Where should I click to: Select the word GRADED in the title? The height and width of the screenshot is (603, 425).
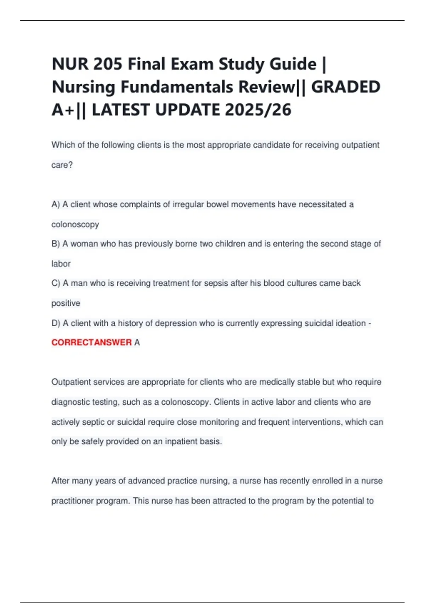(346, 87)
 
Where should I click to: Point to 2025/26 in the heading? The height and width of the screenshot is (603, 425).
(258, 110)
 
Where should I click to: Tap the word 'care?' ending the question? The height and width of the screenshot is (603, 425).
(62, 165)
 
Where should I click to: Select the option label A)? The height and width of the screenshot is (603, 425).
(56, 205)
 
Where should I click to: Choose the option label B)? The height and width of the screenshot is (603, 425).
(56, 244)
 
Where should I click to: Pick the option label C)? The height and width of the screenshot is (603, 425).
(56, 283)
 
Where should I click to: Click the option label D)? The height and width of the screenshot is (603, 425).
(56, 323)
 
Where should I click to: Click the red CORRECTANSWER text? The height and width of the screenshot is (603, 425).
(91, 343)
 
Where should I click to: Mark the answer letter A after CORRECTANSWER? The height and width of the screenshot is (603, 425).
(137, 343)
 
